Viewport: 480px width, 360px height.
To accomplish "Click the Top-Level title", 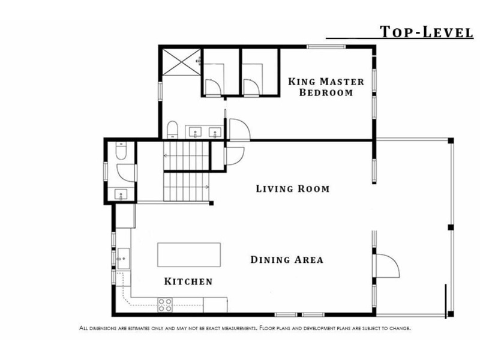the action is tap(427, 32).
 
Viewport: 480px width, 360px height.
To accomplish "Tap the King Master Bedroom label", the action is tap(326, 87).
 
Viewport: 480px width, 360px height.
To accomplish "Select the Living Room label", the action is tap(293, 188).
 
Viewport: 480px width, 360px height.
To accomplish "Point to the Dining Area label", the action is tap(287, 260).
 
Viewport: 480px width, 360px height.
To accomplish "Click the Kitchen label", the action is tap(188, 281).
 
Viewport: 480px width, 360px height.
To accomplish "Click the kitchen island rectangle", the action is tap(189, 254).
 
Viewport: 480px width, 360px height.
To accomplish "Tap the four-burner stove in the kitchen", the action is tap(164, 305).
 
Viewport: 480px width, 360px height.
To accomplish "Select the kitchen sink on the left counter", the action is tap(124, 259).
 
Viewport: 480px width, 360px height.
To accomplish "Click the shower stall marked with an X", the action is tap(181, 62).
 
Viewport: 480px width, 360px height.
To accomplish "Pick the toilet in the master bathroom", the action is tap(172, 130).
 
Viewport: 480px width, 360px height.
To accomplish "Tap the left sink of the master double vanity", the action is tap(195, 133).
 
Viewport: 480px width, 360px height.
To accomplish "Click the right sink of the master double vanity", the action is tap(215, 133).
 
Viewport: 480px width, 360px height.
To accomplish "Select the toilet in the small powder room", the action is tap(121, 151).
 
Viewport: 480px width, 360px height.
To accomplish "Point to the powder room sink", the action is tap(121, 194).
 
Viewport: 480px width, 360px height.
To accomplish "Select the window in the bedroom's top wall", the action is tap(326, 47).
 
